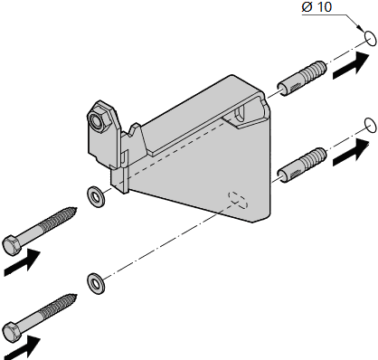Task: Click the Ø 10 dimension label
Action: pos(317,7)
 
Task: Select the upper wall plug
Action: pos(302,78)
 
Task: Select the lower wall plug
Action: pos(302,165)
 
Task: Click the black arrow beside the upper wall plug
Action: pos(351,65)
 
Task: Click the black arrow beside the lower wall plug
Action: pos(351,152)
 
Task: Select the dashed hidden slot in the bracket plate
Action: pos(238,199)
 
